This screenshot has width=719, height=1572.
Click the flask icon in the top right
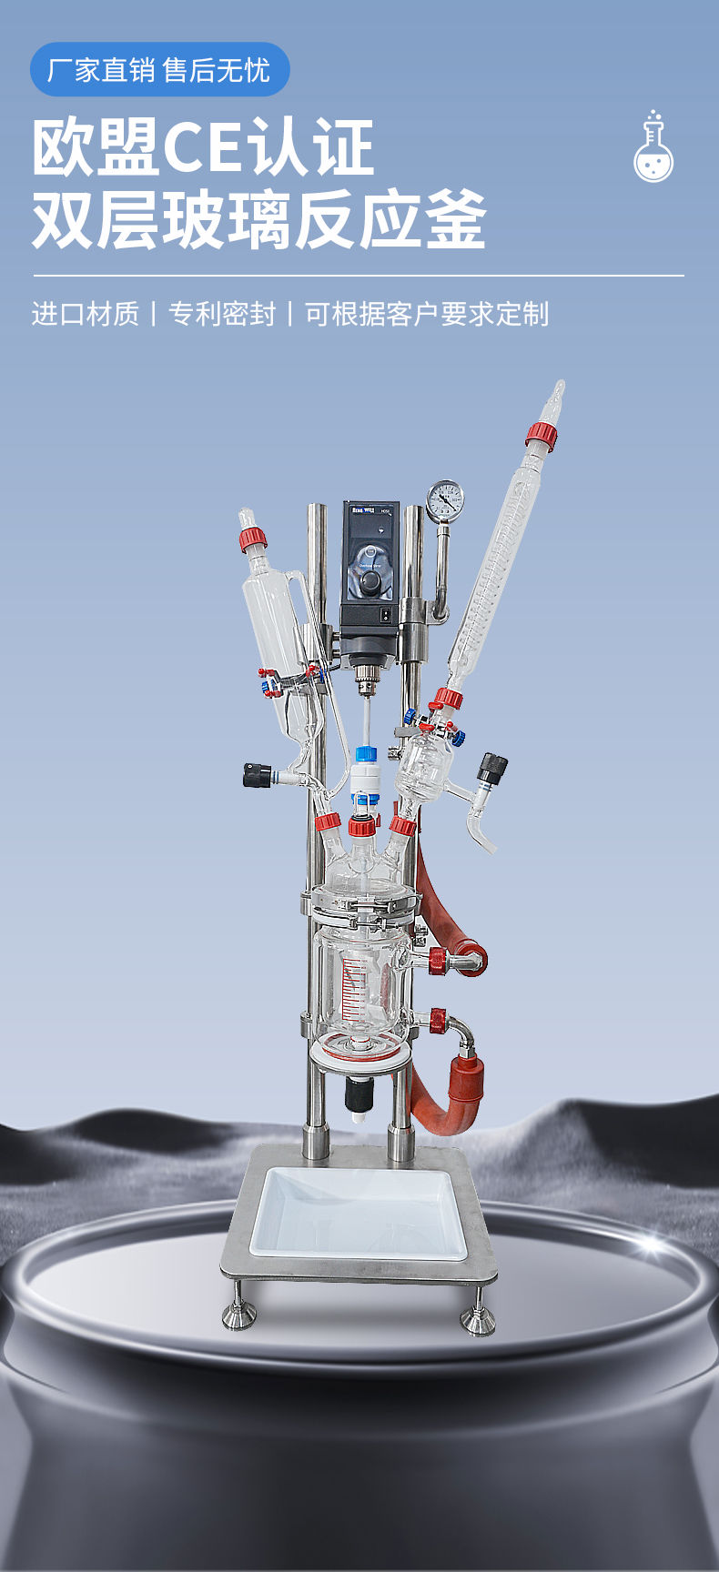[653, 147]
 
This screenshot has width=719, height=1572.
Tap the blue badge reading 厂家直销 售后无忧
[160, 69]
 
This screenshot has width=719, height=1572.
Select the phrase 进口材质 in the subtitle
[86, 314]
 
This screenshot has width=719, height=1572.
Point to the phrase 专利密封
[222, 314]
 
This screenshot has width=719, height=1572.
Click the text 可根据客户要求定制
[427, 314]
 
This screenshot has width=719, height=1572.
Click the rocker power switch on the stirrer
[386, 616]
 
